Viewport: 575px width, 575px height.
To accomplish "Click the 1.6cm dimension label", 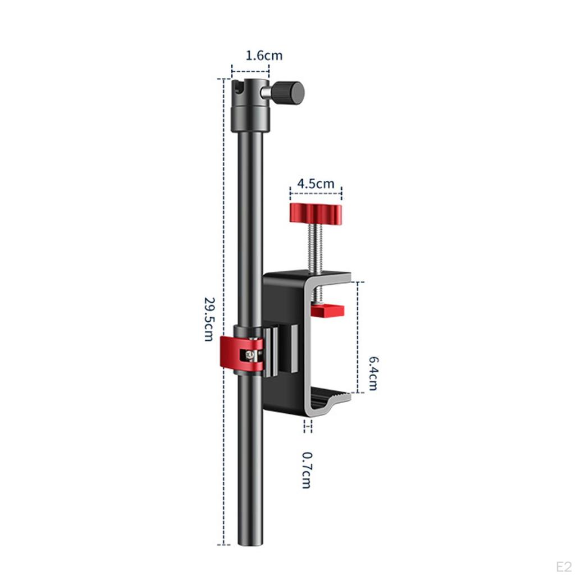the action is (264, 56).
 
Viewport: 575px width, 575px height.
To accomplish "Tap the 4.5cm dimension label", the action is (316, 184).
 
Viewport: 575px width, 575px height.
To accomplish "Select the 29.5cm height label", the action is (209, 320).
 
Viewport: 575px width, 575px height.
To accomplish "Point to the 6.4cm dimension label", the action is (373, 373).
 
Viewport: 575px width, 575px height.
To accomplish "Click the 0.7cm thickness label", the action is (306, 470).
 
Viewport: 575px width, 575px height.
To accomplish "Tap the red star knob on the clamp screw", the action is (316, 213).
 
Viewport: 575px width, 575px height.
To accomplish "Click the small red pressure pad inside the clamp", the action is (327, 311).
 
